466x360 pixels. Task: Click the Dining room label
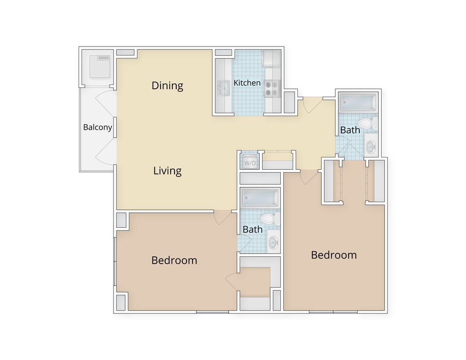tap(167, 86)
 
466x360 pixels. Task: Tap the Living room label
tap(167, 171)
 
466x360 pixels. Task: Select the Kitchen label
tap(247, 83)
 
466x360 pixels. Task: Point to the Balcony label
tap(97, 127)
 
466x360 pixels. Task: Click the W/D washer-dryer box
tap(250, 163)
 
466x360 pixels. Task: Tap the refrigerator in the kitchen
tap(271, 58)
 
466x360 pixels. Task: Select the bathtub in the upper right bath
tap(358, 103)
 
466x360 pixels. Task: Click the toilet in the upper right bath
tap(367, 124)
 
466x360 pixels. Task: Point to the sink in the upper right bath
tap(370, 147)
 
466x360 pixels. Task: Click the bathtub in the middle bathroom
tap(260, 198)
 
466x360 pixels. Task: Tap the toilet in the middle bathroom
tap(268, 219)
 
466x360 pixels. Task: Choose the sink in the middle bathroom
tap(273, 242)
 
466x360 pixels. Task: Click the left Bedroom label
tap(174, 260)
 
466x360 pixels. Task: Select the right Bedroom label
tap(334, 255)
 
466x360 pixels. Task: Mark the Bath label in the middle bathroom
tap(253, 229)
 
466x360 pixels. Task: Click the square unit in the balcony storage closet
tap(100, 66)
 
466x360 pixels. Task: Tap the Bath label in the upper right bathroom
tap(350, 130)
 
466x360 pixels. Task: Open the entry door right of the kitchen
tap(312, 105)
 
